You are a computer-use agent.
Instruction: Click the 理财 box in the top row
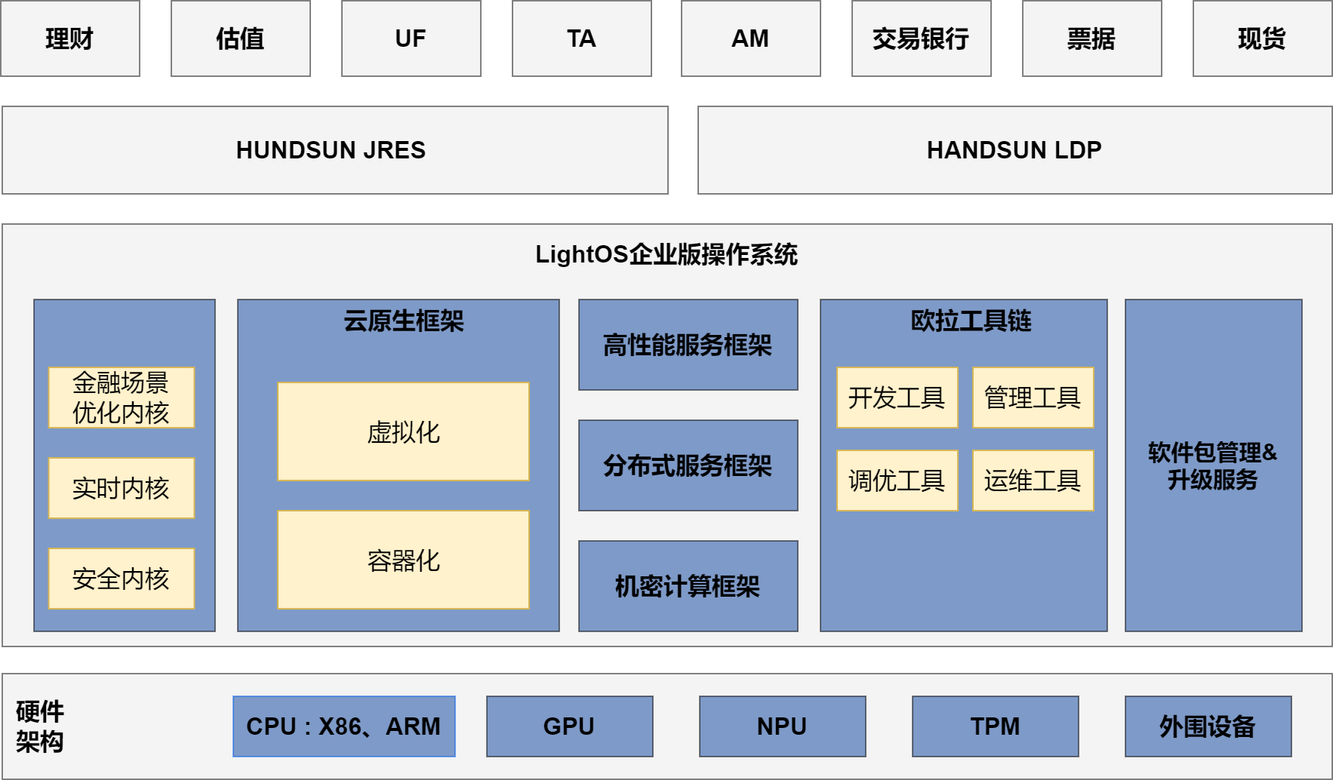tap(70, 38)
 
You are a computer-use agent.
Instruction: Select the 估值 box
tap(241, 38)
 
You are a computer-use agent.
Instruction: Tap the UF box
tap(411, 38)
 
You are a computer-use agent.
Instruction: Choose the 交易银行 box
tap(922, 38)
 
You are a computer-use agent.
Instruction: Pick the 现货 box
tap(1262, 38)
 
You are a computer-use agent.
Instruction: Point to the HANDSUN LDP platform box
tap(1014, 150)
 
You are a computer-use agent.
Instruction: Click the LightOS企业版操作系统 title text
tap(666, 255)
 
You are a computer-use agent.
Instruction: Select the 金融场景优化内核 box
tap(122, 398)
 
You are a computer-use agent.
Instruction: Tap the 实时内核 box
tap(122, 488)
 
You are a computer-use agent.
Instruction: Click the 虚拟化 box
tap(403, 431)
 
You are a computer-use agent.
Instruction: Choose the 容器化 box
tap(403, 560)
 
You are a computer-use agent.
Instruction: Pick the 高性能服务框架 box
tap(688, 345)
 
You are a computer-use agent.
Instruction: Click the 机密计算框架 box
tap(688, 586)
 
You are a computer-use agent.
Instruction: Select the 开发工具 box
tap(897, 398)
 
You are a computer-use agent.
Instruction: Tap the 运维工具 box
tap(1033, 481)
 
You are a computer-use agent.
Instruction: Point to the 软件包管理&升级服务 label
tap(1213, 466)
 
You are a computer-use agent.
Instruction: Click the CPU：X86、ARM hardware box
tap(344, 726)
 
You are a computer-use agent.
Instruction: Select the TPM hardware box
tap(995, 726)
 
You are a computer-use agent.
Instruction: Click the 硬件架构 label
tap(40, 726)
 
